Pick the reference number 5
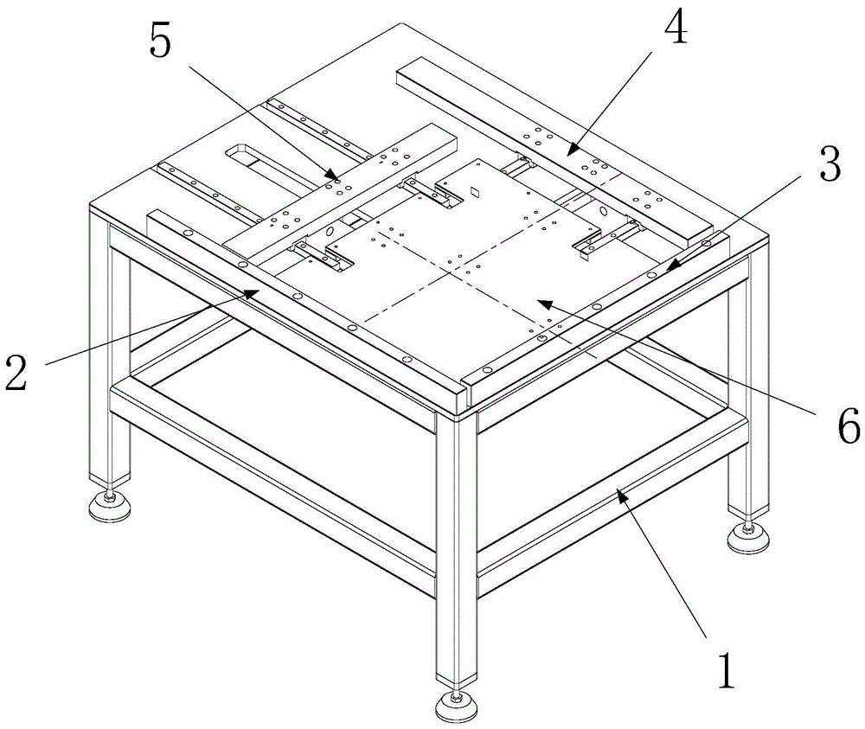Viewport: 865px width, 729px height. (162, 41)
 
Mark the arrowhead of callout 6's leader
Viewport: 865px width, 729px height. (537, 300)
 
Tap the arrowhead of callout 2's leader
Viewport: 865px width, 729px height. (257, 292)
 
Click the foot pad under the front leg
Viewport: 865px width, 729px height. (455, 707)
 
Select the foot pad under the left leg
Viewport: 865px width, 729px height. (110, 508)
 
